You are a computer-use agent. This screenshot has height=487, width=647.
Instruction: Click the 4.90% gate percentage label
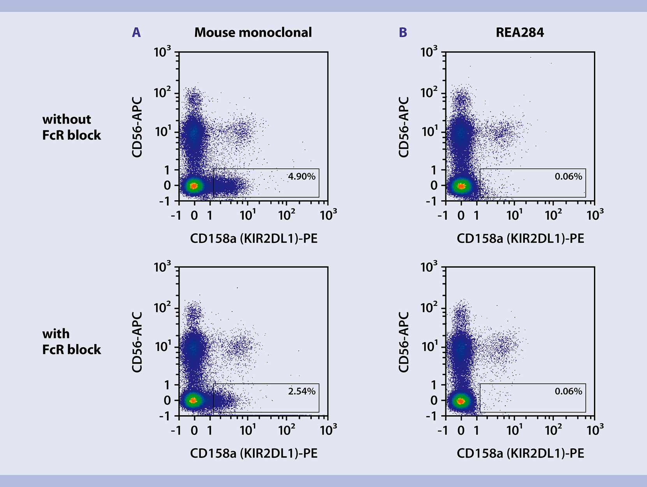(x=302, y=176)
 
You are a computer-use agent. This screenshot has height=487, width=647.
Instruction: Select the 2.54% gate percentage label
(x=302, y=391)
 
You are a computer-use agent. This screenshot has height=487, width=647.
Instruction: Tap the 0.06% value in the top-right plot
(x=568, y=176)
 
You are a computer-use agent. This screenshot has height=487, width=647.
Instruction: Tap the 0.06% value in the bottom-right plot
(x=568, y=391)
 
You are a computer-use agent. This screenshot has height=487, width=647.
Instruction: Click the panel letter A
(x=136, y=32)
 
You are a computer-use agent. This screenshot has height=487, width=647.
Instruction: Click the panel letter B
(x=403, y=32)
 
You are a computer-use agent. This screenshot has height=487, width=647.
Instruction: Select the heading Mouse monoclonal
(x=253, y=32)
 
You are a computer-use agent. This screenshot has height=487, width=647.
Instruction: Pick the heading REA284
(x=520, y=32)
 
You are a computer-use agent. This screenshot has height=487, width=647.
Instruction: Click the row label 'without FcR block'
(x=71, y=127)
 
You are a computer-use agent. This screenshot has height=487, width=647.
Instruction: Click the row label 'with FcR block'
(x=71, y=342)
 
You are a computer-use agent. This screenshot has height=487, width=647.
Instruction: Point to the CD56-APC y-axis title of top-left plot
(x=137, y=127)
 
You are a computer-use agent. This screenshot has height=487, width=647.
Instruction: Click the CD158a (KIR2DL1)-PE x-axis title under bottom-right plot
(x=520, y=453)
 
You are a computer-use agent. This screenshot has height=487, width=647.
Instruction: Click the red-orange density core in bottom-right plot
(x=461, y=401)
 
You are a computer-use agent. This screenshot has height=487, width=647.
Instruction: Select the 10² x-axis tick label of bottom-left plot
(x=287, y=430)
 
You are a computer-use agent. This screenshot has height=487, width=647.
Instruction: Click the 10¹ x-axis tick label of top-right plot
(x=515, y=215)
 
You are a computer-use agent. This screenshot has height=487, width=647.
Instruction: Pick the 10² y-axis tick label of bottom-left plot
(x=162, y=308)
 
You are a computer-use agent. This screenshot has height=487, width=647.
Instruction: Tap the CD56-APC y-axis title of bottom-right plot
(x=404, y=342)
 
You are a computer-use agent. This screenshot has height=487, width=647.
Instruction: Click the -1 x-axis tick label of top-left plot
(x=176, y=215)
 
